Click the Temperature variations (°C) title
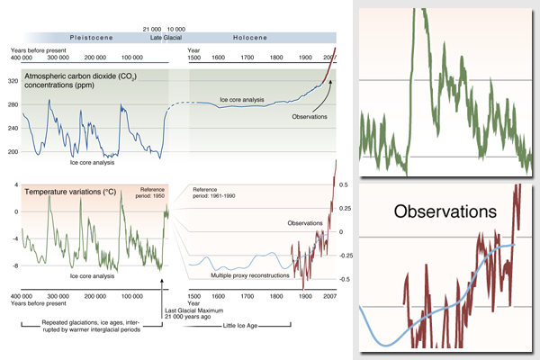pyautogui.click(x=67, y=192)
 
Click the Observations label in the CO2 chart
pyautogui.click(x=307, y=117)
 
